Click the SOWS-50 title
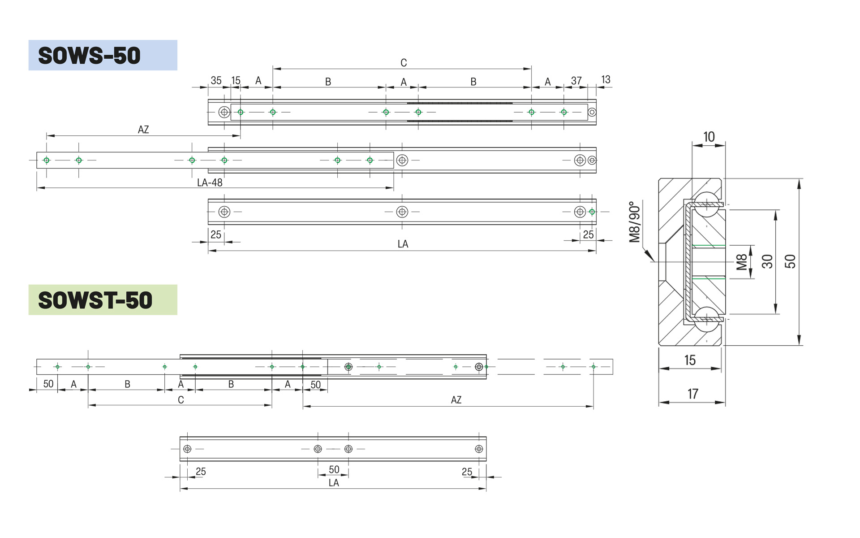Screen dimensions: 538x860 click(x=90, y=56)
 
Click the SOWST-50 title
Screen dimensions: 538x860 click(x=95, y=300)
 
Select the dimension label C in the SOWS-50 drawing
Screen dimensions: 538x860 click(x=404, y=63)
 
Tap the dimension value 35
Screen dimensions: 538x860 click(x=216, y=81)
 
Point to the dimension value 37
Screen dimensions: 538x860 click(x=576, y=81)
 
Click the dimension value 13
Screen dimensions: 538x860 click(x=606, y=80)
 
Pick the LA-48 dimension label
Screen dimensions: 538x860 click(x=210, y=182)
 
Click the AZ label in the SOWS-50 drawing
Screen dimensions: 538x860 click(x=143, y=130)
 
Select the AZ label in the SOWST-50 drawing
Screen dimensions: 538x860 click(x=456, y=400)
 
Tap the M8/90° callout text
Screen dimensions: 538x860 click(x=635, y=222)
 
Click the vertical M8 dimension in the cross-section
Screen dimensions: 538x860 click(x=742, y=262)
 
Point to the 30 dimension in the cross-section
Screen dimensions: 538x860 click(x=767, y=261)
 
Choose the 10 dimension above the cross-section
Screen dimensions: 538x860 click(x=709, y=137)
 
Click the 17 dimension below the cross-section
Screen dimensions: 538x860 click(x=692, y=394)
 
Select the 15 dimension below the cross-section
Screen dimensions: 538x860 click(x=690, y=360)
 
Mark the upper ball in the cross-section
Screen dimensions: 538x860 click(x=706, y=204)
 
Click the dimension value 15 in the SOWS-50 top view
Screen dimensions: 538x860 click(x=236, y=81)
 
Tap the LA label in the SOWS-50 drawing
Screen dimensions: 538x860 click(x=403, y=244)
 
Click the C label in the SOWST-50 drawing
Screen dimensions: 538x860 click(x=181, y=400)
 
